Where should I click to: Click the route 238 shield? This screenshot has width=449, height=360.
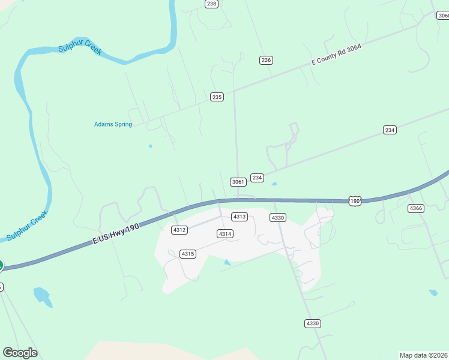tap(211, 4)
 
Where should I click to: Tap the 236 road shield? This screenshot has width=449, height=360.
tap(267, 60)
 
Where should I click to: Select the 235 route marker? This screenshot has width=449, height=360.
tap(217, 97)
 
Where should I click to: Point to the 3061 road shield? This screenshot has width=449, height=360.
tap(238, 182)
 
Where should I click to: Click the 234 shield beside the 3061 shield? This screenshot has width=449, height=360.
tap(258, 178)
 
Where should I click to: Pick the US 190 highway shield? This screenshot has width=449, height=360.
tap(355, 200)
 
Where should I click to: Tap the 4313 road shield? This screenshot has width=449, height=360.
tap(240, 217)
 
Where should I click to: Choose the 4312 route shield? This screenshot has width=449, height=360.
tap(179, 230)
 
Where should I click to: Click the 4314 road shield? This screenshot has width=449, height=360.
tap(225, 234)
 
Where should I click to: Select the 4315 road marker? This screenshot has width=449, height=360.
tap(188, 254)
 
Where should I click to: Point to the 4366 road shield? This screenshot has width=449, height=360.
tap(415, 208)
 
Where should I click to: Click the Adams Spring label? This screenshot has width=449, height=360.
tap(113, 125)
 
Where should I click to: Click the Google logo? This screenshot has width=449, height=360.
tap(20, 353)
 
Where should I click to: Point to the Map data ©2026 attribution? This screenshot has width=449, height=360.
tap(424, 355)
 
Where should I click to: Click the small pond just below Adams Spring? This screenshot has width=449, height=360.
tap(150, 146)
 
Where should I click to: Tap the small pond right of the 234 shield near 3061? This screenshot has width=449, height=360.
tap(274, 184)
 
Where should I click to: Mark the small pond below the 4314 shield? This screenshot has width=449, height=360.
tap(227, 262)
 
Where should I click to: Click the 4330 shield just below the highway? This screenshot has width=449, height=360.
tap(277, 217)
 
